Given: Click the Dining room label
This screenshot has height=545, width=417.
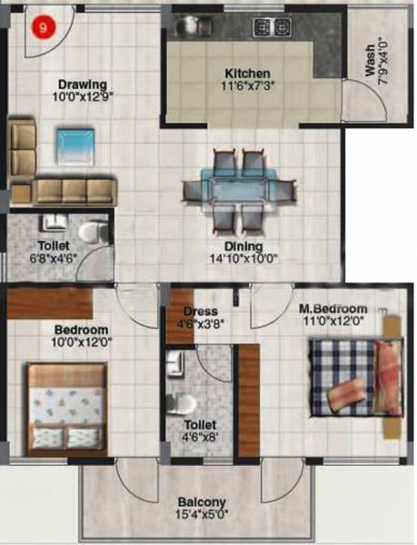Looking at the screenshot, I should click(244, 246).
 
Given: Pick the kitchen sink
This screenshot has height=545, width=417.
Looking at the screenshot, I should click(194, 25).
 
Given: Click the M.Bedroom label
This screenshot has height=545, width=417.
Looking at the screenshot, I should click(333, 308).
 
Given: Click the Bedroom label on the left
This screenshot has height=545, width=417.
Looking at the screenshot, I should click(82, 329).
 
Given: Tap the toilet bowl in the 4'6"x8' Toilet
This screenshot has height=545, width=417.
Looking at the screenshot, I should click(185, 402).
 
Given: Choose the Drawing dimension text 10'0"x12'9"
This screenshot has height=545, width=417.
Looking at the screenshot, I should click(81, 94).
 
